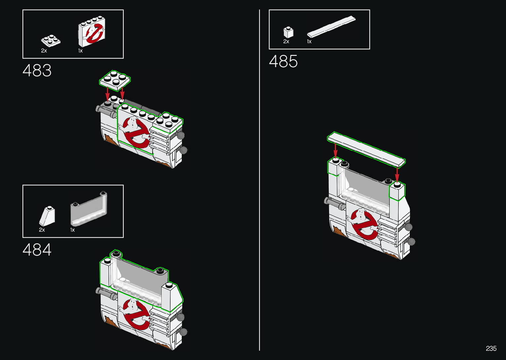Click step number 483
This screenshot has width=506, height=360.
[x=37, y=70]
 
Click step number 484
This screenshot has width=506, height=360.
[x=37, y=250]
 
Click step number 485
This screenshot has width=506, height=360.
[x=283, y=61]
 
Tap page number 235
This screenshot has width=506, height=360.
[x=491, y=348]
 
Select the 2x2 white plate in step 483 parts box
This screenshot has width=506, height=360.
[x=51, y=40]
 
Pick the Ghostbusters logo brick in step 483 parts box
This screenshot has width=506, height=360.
[x=92, y=32]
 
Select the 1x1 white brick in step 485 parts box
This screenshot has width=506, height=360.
[x=288, y=32]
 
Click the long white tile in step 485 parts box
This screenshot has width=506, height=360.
[x=331, y=26]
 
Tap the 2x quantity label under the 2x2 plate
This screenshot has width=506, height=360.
[x=44, y=51]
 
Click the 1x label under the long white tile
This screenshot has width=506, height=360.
[x=309, y=42]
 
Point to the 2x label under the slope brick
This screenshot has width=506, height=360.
[x=42, y=230]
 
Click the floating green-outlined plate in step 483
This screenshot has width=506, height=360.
[x=115, y=80]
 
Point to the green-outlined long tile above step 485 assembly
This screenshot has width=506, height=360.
[x=366, y=149]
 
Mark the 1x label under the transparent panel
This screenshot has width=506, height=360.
[x=73, y=230]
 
